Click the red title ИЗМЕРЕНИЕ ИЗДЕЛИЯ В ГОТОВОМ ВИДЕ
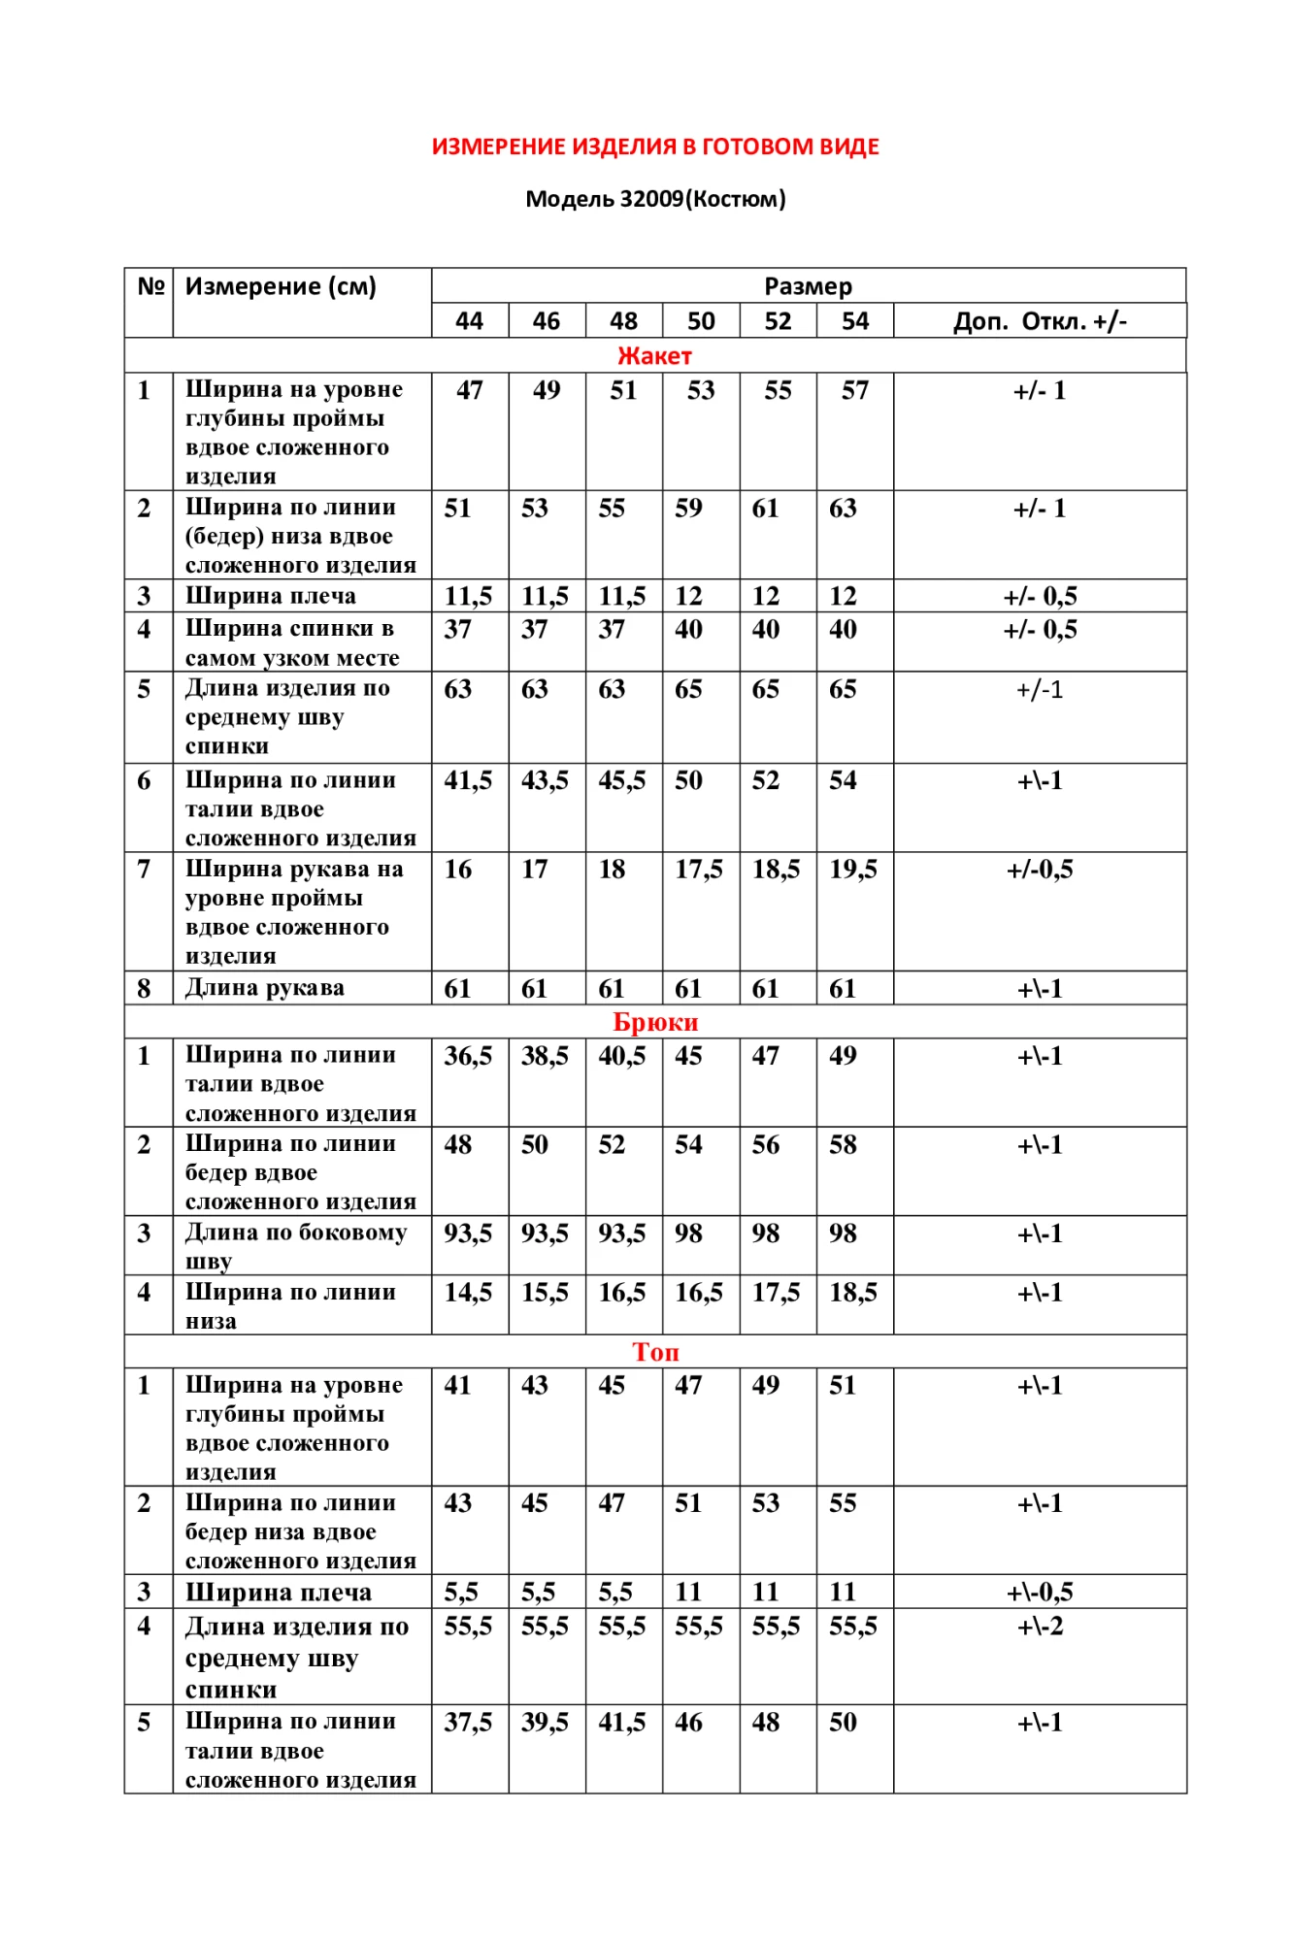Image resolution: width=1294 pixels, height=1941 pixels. (655, 147)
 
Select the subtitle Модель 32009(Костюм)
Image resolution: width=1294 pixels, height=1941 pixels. (655, 199)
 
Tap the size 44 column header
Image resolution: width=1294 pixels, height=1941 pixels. (469, 321)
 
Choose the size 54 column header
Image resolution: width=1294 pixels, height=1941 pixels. (854, 321)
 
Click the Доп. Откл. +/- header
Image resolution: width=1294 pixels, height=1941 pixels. (1040, 321)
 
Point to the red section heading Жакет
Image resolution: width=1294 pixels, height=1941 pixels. (654, 356)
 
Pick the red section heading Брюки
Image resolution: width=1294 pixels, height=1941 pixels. (655, 1022)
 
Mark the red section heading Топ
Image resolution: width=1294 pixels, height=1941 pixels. (655, 1352)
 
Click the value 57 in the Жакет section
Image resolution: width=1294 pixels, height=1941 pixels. (854, 390)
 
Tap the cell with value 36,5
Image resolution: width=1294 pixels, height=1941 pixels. (468, 1056)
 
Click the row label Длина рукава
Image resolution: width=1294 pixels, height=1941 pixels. (264, 988)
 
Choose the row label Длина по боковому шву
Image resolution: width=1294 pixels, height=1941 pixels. (295, 1245)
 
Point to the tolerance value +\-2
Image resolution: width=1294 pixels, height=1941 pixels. (1040, 1627)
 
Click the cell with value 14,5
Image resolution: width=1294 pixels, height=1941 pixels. (468, 1293)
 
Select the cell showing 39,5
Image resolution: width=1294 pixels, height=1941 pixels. (545, 1723)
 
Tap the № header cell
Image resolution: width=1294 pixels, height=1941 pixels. (149, 286)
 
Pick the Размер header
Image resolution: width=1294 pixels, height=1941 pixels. (808, 286)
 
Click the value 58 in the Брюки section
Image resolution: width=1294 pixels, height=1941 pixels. (843, 1145)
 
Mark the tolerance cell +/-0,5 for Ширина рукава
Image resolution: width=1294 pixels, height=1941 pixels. (1040, 870)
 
